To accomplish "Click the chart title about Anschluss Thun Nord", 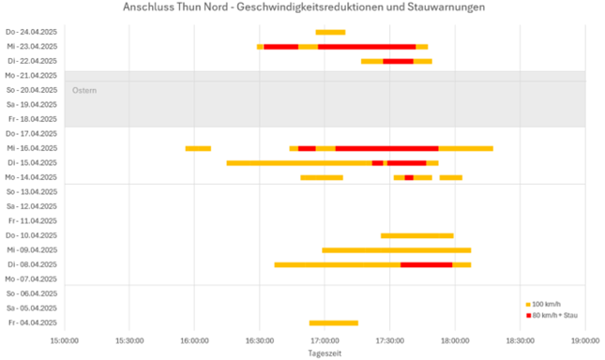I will coord(304,7).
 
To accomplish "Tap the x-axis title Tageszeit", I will coord(325,352).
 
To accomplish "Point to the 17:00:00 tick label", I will coord(325,339).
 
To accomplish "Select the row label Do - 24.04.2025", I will coord(31,32).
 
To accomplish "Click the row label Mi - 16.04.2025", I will coord(31,148).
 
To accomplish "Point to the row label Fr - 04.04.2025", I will coord(32,323).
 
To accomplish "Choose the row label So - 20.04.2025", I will coord(32,90).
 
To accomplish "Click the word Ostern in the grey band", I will coord(84,90).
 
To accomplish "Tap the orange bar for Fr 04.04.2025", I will coord(333,323).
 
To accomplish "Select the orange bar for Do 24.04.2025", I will coord(330,32).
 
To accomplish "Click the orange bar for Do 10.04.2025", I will coord(416,235).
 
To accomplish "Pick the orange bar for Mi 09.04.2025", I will coord(396,250).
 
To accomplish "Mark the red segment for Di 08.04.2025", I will coord(426,264).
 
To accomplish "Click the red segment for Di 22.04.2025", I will coord(398,61).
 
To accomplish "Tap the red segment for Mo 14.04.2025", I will coord(409,177).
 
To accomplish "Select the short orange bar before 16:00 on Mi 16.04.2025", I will coord(198,148).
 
